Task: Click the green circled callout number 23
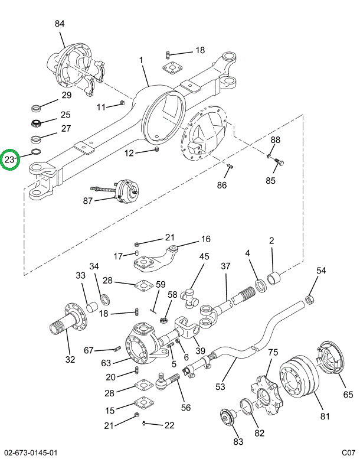(10, 159)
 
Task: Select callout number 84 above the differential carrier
(60, 24)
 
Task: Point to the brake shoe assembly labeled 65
(334, 362)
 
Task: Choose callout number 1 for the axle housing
(142, 60)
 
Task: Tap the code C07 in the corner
(348, 453)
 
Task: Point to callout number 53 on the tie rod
(220, 387)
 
